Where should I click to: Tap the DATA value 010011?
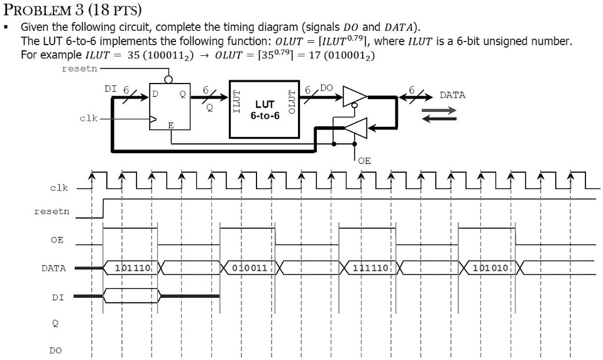click(250, 268)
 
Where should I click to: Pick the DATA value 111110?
click(370, 268)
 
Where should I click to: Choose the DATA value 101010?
click(489, 268)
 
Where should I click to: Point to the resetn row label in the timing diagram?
click(52, 212)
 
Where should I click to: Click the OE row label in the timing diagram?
click(57, 240)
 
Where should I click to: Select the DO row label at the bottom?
click(56, 351)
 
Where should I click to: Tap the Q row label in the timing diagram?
click(56, 323)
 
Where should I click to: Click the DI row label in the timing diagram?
click(56, 296)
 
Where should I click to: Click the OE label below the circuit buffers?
click(364, 161)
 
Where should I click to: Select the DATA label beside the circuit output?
click(452, 95)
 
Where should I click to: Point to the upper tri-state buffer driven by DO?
click(354, 97)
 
